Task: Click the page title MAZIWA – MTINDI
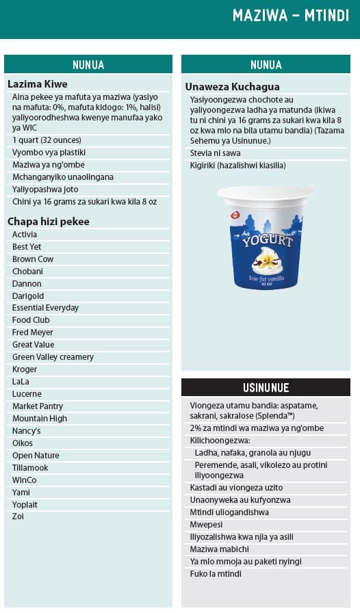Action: point(290,16)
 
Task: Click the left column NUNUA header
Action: point(88,65)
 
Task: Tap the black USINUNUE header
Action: point(266,388)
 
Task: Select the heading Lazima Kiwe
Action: point(38,84)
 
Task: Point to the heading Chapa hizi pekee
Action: point(49,222)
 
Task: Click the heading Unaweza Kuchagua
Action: point(225,86)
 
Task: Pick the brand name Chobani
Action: point(27,272)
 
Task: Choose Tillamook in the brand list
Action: point(31,468)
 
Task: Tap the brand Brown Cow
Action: point(33,259)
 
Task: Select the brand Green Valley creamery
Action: point(53,357)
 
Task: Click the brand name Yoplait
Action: point(26,505)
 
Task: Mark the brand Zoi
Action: point(18,517)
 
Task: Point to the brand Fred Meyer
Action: point(33,332)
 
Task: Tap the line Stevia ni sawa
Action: point(216,153)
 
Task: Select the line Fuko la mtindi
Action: point(216,574)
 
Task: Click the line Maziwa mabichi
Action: point(219,549)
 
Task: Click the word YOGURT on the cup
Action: point(266,241)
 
